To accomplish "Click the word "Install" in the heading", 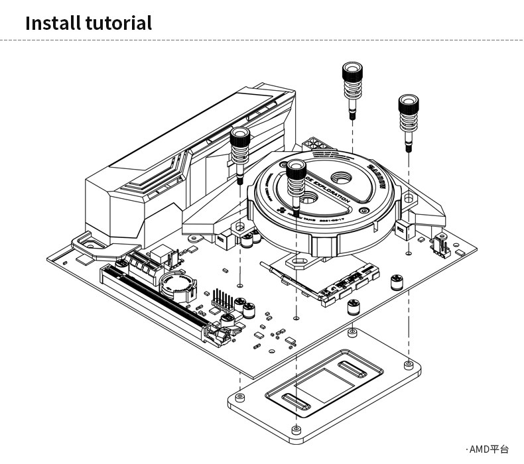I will point(52,23).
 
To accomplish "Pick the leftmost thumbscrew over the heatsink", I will point(239,146).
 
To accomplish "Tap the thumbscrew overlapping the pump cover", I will point(295,176).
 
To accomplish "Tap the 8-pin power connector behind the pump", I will point(316,146).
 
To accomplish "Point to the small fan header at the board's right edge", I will point(439,247).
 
